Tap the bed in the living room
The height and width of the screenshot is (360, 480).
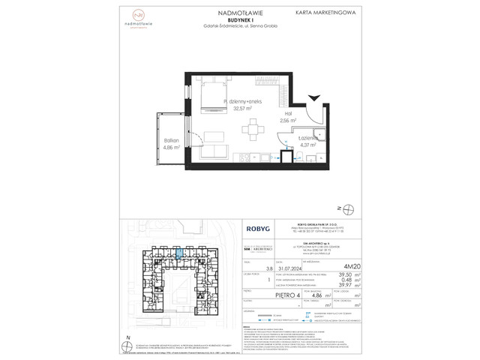[x=205, y=97]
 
